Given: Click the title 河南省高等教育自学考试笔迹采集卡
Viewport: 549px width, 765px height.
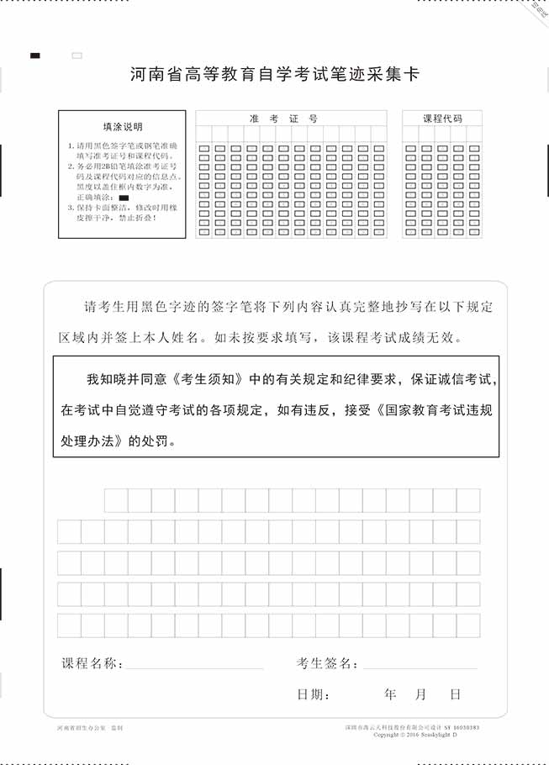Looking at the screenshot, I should [x=275, y=75].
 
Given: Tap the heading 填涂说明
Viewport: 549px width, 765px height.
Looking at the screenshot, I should [x=123, y=127].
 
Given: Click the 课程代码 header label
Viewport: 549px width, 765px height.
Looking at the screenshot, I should [x=442, y=119].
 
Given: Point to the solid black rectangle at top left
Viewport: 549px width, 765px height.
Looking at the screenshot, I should [x=35, y=55].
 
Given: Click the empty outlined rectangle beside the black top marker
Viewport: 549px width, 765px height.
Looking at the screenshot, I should [x=77, y=55].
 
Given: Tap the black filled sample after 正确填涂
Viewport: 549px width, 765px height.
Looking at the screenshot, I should [x=124, y=196].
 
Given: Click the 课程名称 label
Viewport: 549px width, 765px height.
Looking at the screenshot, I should [x=92, y=663].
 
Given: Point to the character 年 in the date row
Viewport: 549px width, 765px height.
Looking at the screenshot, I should [x=390, y=694].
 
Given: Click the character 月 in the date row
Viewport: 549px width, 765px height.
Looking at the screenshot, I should [x=421, y=694].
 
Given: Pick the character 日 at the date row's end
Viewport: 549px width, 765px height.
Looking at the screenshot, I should [x=455, y=694].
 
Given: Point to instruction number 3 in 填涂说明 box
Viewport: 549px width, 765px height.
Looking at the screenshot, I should [x=71, y=207].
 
